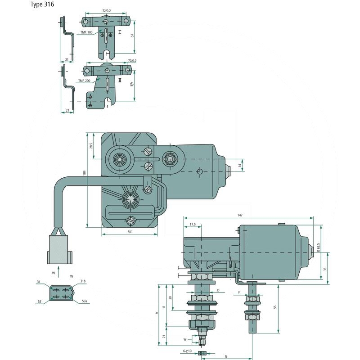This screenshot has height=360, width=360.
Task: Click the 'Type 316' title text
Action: (43, 5)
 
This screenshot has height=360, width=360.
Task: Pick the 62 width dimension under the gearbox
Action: (130, 231)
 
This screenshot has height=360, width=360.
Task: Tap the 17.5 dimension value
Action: (192, 225)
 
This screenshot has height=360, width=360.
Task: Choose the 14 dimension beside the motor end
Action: (240, 166)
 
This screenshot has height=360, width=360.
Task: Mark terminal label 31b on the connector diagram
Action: (83, 281)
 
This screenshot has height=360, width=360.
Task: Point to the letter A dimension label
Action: (157, 311)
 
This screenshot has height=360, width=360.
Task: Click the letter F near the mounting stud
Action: (238, 292)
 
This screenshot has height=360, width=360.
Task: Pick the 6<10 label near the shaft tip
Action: (187, 351)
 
